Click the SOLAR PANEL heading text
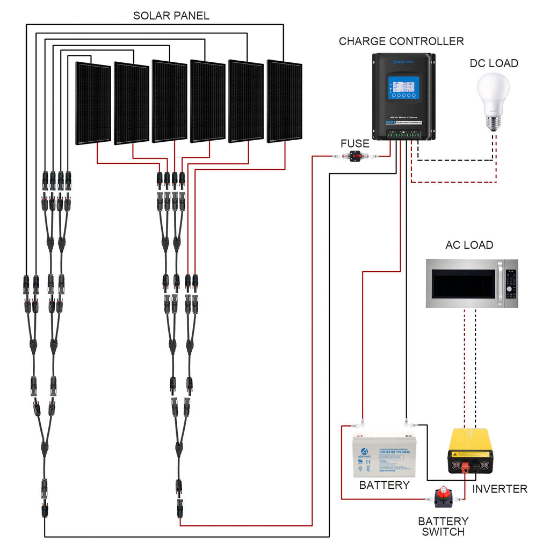pyautogui.click(x=171, y=16)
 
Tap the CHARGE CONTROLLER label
pyautogui.click(x=401, y=41)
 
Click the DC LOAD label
pyautogui.click(x=494, y=63)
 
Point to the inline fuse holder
pyautogui.click(x=355, y=156)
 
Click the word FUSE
pyautogui.click(x=354, y=144)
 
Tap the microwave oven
pyautogui.click(x=472, y=283)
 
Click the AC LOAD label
pyautogui.click(x=469, y=245)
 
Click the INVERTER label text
pyautogui.click(x=500, y=489)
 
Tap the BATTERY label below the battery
pyautogui.click(x=384, y=486)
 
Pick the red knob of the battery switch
pyautogui.click(x=444, y=492)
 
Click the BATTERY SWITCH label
pyautogui.click(x=443, y=526)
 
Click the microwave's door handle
pyautogui.click(x=500, y=283)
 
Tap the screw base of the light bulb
pyautogui.click(x=493, y=121)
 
